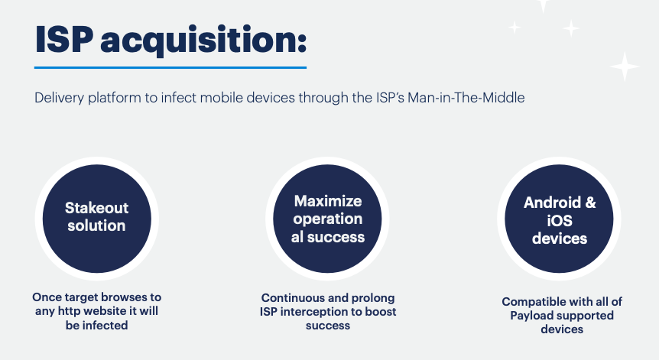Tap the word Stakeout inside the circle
[x=96, y=208]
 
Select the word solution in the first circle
[x=96, y=225]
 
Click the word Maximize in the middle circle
[x=328, y=201]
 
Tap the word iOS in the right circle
[x=560, y=221]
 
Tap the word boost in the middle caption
[x=381, y=312]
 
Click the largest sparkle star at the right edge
[x=625, y=66]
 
